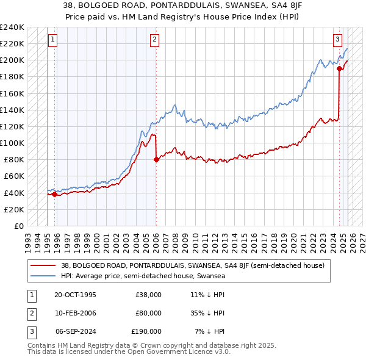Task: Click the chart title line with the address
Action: [x=183, y=5]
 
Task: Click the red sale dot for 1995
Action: [x=55, y=195]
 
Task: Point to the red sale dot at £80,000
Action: [x=156, y=160]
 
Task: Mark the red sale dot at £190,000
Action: [x=339, y=69]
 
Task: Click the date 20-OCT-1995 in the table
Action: [x=75, y=295]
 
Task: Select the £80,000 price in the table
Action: [x=148, y=313]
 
